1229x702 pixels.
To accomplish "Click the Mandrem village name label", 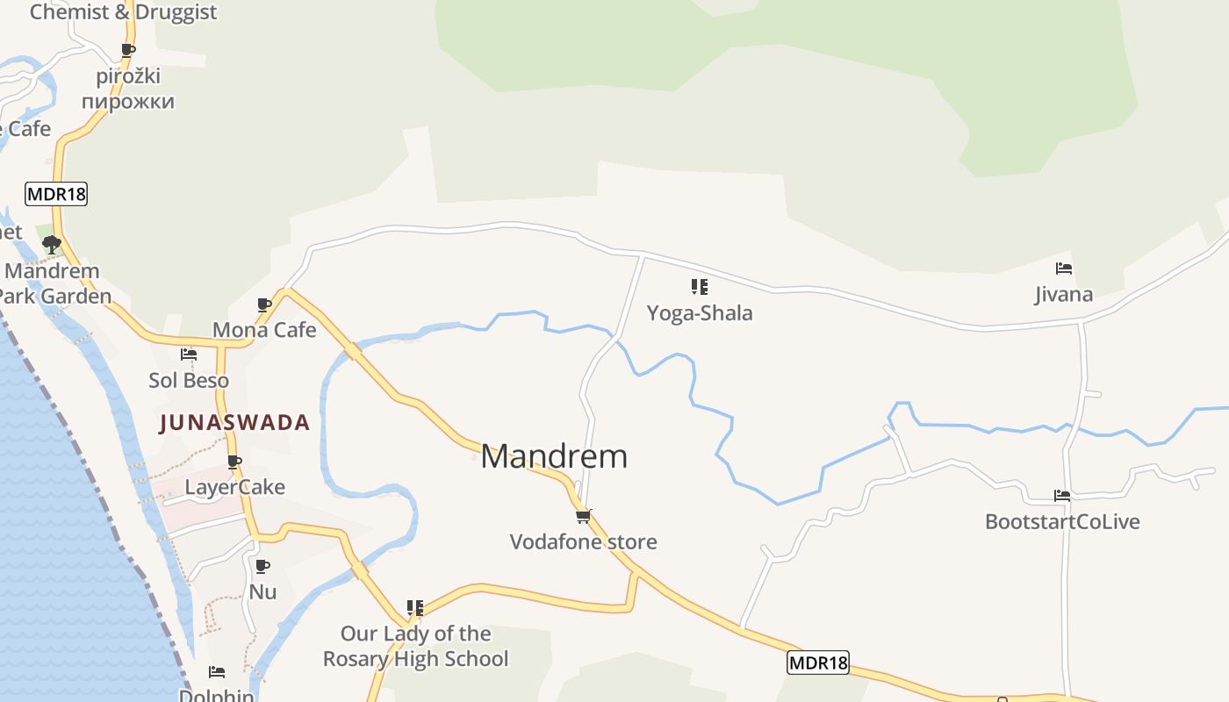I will pyautogui.click(x=554, y=456).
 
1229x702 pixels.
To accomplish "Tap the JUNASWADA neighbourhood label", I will pyautogui.click(x=234, y=423).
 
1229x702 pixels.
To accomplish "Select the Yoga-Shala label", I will pyautogui.click(x=700, y=313).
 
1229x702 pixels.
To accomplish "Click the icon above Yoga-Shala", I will pyautogui.click(x=699, y=287).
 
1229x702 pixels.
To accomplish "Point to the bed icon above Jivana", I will pyautogui.click(x=1064, y=269).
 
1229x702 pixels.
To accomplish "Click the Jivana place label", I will pyautogui.click(x=1064, y=294).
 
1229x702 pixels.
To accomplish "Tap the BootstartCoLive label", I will pyautogui.click(x=1062, y=521).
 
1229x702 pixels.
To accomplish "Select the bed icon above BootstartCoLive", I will pyautogui.click(x=1062, y=496).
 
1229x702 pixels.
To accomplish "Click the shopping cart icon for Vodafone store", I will pyautogui.click(x=583, y=516).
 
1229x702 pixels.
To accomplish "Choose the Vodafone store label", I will pyautogui.click(x=583, y=541).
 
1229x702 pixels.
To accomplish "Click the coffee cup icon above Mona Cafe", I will pyautogui.click(x=264, y=304).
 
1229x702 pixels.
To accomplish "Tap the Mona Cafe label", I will pyautogui.click(x=264, y=330).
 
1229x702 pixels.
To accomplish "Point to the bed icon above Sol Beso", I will pyautogui.click(x=189, y=355).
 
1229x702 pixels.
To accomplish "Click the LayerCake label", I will pyautogui.click(x=234, y=487).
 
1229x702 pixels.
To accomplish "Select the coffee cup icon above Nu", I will pyautogui.click(x=262, y=566).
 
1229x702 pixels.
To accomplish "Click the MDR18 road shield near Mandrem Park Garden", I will pyautogui.click(x=57, y=194).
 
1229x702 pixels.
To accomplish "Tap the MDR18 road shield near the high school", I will pyautogui.click(x=818, y=663).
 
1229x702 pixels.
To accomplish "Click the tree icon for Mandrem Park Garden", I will pyautogui.click(x=52, y=245).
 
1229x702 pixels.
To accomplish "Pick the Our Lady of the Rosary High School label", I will pyautogui.click(x=415, y=646).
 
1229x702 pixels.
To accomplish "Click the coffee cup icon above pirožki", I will pyautogui.click(x=128, y=50).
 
